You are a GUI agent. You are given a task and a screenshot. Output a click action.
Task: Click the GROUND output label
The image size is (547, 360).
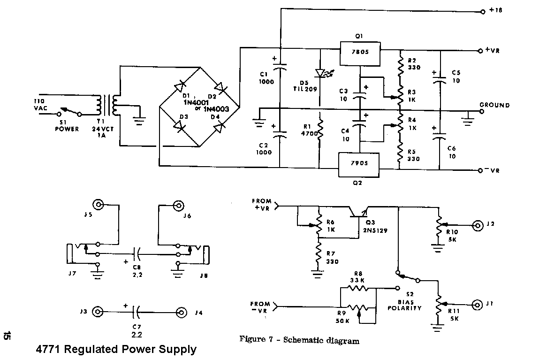(x=494, y=105)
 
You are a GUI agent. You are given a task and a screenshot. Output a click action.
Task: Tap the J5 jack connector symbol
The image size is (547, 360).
(x=99, y=205)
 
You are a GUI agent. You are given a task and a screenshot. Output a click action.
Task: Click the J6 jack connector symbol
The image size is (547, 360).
(x=178, y=205)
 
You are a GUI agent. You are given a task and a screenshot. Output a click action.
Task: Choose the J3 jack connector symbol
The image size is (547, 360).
(x=98, y=312)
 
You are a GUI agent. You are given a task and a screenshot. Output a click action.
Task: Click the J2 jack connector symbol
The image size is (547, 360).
(x=478, y=225)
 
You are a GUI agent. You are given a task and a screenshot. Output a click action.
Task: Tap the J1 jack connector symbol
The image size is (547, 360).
(x=478, y=305)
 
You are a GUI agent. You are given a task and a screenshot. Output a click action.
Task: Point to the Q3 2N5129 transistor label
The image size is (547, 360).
(x=374, y=227)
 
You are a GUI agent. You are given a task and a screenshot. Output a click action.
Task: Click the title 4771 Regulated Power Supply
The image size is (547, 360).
(x=116, y=350)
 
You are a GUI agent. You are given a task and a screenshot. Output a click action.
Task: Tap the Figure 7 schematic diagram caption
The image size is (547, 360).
(x=299, y=340)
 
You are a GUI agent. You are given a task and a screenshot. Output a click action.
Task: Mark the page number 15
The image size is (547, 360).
(x=7, y=337)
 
